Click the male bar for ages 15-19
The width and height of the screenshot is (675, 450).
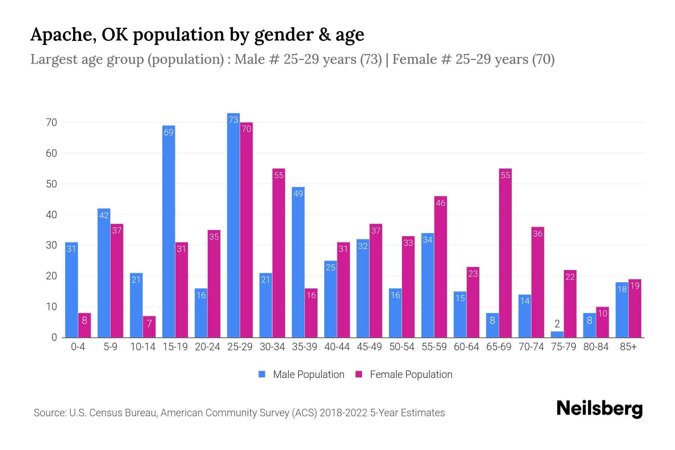168,232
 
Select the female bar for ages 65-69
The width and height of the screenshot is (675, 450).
505,255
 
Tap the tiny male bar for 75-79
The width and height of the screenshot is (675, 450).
557,334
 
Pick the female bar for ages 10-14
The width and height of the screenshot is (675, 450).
149,327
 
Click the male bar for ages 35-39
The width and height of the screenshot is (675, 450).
298,262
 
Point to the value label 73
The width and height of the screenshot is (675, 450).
233,120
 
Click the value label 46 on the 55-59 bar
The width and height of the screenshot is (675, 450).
441,203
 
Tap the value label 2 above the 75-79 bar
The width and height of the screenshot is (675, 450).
557,324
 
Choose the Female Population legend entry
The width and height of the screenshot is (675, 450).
404,375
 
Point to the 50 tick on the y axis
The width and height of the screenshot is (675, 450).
51,184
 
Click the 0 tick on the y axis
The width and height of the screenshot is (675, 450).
54,337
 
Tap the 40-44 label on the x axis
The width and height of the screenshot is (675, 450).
337,347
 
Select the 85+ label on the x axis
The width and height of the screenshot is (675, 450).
628,347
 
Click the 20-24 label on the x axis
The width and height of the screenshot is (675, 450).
207,347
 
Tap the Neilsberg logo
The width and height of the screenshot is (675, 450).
599,409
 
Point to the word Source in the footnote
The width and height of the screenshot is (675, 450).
49,413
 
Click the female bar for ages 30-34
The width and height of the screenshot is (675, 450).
279,255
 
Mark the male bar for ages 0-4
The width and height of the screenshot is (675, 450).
71,291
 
